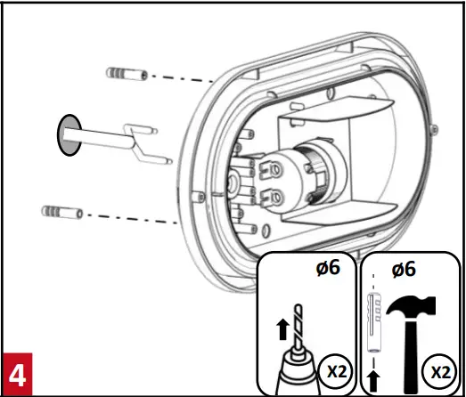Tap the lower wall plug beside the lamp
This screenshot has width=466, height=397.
61,214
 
